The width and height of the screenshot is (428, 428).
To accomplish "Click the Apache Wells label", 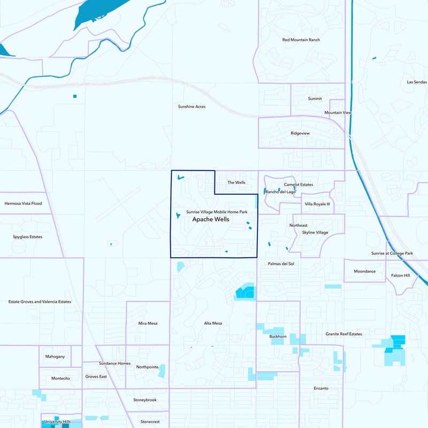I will pyautogui.click(x=211, y=219).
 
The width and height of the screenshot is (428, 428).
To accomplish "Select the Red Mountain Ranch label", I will pyautogui.click(x=301, y=40).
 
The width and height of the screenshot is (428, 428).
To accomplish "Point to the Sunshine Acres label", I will pyautogui.click(x=192, y=106).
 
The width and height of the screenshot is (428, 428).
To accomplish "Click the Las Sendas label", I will pyautogui.click(x=417, y=82).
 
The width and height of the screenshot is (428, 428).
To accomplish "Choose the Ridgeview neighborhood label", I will pyautogui.click(x=300, y=133).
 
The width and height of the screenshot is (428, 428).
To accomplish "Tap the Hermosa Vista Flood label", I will pyautogui.click(x=23, y=203).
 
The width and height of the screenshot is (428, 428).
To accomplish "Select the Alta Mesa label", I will pyautogui.click(x=213, y=323).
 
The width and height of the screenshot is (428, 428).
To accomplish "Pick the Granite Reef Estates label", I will pyautogui.click(x=344, y=334).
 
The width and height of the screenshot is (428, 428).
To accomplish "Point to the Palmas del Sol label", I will pyautogui.click(x=280, y=264).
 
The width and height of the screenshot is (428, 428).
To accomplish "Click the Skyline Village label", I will pyautogui.click(x=315, y=233).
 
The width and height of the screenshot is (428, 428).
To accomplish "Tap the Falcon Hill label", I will pyautogui.click(x=400, y=275).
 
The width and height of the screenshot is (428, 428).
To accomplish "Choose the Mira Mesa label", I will pyautogui.click(x=148, y=323).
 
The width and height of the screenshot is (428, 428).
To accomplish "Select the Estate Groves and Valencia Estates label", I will pyautogui.click(x=40, y=302).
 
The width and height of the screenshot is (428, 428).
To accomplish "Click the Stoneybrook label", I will pyautogui.click(x=145, y=400).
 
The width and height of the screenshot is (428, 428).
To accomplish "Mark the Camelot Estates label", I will pyautogui.click(x=299, y=185).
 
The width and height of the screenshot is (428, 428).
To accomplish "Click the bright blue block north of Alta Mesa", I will pyautogui.click(x=246, y=292).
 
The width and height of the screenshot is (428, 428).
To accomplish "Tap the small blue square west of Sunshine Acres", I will pyautogui.click(x=75, y=96).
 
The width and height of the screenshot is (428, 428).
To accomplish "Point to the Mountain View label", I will pyautogui.click(x=338, y=113).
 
